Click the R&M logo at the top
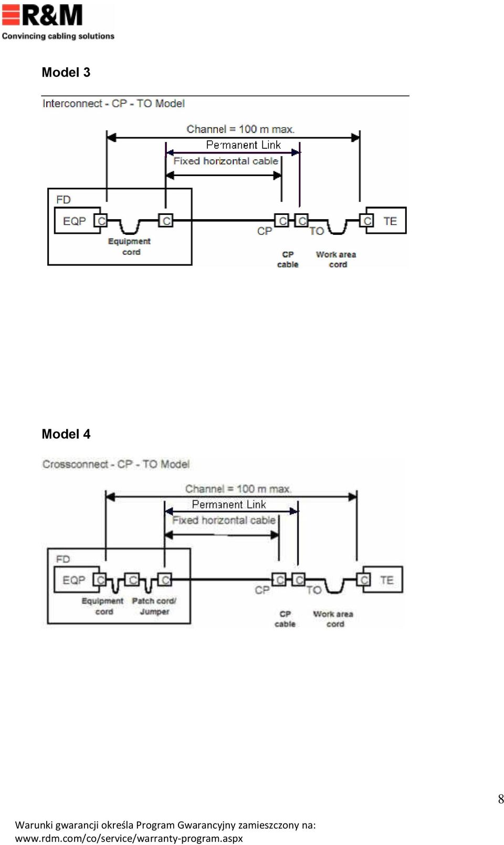(x=58, y=22)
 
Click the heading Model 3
(x=66, y=72)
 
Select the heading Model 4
(x=66, y=434)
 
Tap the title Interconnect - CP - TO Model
(x=113, y=104)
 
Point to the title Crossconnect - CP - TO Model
(x=115, y=464)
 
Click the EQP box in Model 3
(x=78, y=221)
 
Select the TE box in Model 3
(x=386, y=221)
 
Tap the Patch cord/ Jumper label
(x=154, y=606)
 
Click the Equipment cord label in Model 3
(x=130, y=246)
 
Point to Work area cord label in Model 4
(x=333, y=619)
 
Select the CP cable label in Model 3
(x=288, y=260)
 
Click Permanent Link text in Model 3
(x=244, y=145)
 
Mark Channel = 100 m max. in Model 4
(x=238, y=489)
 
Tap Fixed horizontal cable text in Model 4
(x=224, y=521)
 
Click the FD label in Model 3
(x=64, y=200)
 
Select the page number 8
(x=501, y=799)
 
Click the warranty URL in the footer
(x=129, y=838)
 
